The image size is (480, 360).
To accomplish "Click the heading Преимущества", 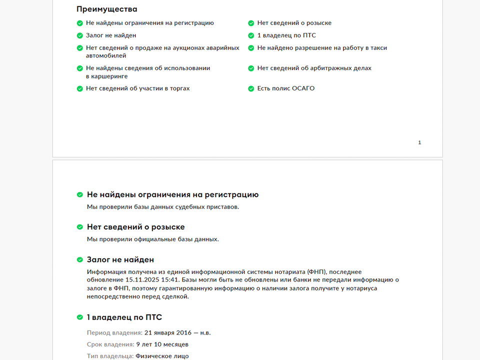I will [x=106, y=9].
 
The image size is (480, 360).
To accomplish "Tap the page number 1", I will [x=419, y=142].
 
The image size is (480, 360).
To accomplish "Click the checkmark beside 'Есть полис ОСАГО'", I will [x=251, y=88].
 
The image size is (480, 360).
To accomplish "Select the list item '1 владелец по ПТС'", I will [x=286, y=35].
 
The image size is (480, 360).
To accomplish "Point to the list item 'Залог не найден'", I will [x=111, y=35].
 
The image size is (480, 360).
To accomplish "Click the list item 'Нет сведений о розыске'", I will [x=294, y=23].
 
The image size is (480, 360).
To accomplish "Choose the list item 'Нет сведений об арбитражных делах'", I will [x=314, y=68].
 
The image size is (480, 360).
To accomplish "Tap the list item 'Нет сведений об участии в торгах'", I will [x=137, y=88].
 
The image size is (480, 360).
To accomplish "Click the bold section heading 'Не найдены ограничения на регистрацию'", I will [x=172, y=194].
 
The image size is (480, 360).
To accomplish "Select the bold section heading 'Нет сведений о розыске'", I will [x=135, y=227].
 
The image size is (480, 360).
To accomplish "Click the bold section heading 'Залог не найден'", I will [x=120, y=259].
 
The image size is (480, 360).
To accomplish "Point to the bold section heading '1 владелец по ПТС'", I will [x=124, y=317].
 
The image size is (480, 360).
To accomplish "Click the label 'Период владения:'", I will [x=114, y=332].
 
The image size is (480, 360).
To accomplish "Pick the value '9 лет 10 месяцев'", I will [x=162, y=344].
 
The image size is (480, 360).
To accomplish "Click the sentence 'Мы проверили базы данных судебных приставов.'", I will [x=162, y=207].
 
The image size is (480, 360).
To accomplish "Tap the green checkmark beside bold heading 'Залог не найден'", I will [x=79, y=260].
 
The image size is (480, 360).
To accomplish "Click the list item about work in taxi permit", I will [x=322, y=48].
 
